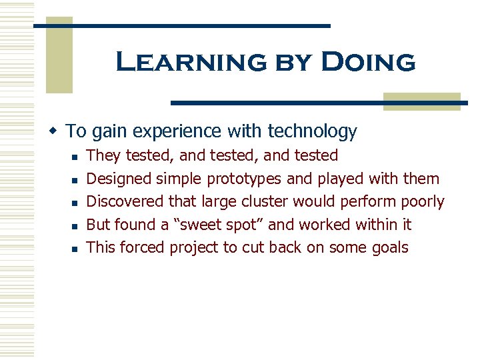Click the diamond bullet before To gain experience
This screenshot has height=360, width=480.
(58, 130)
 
